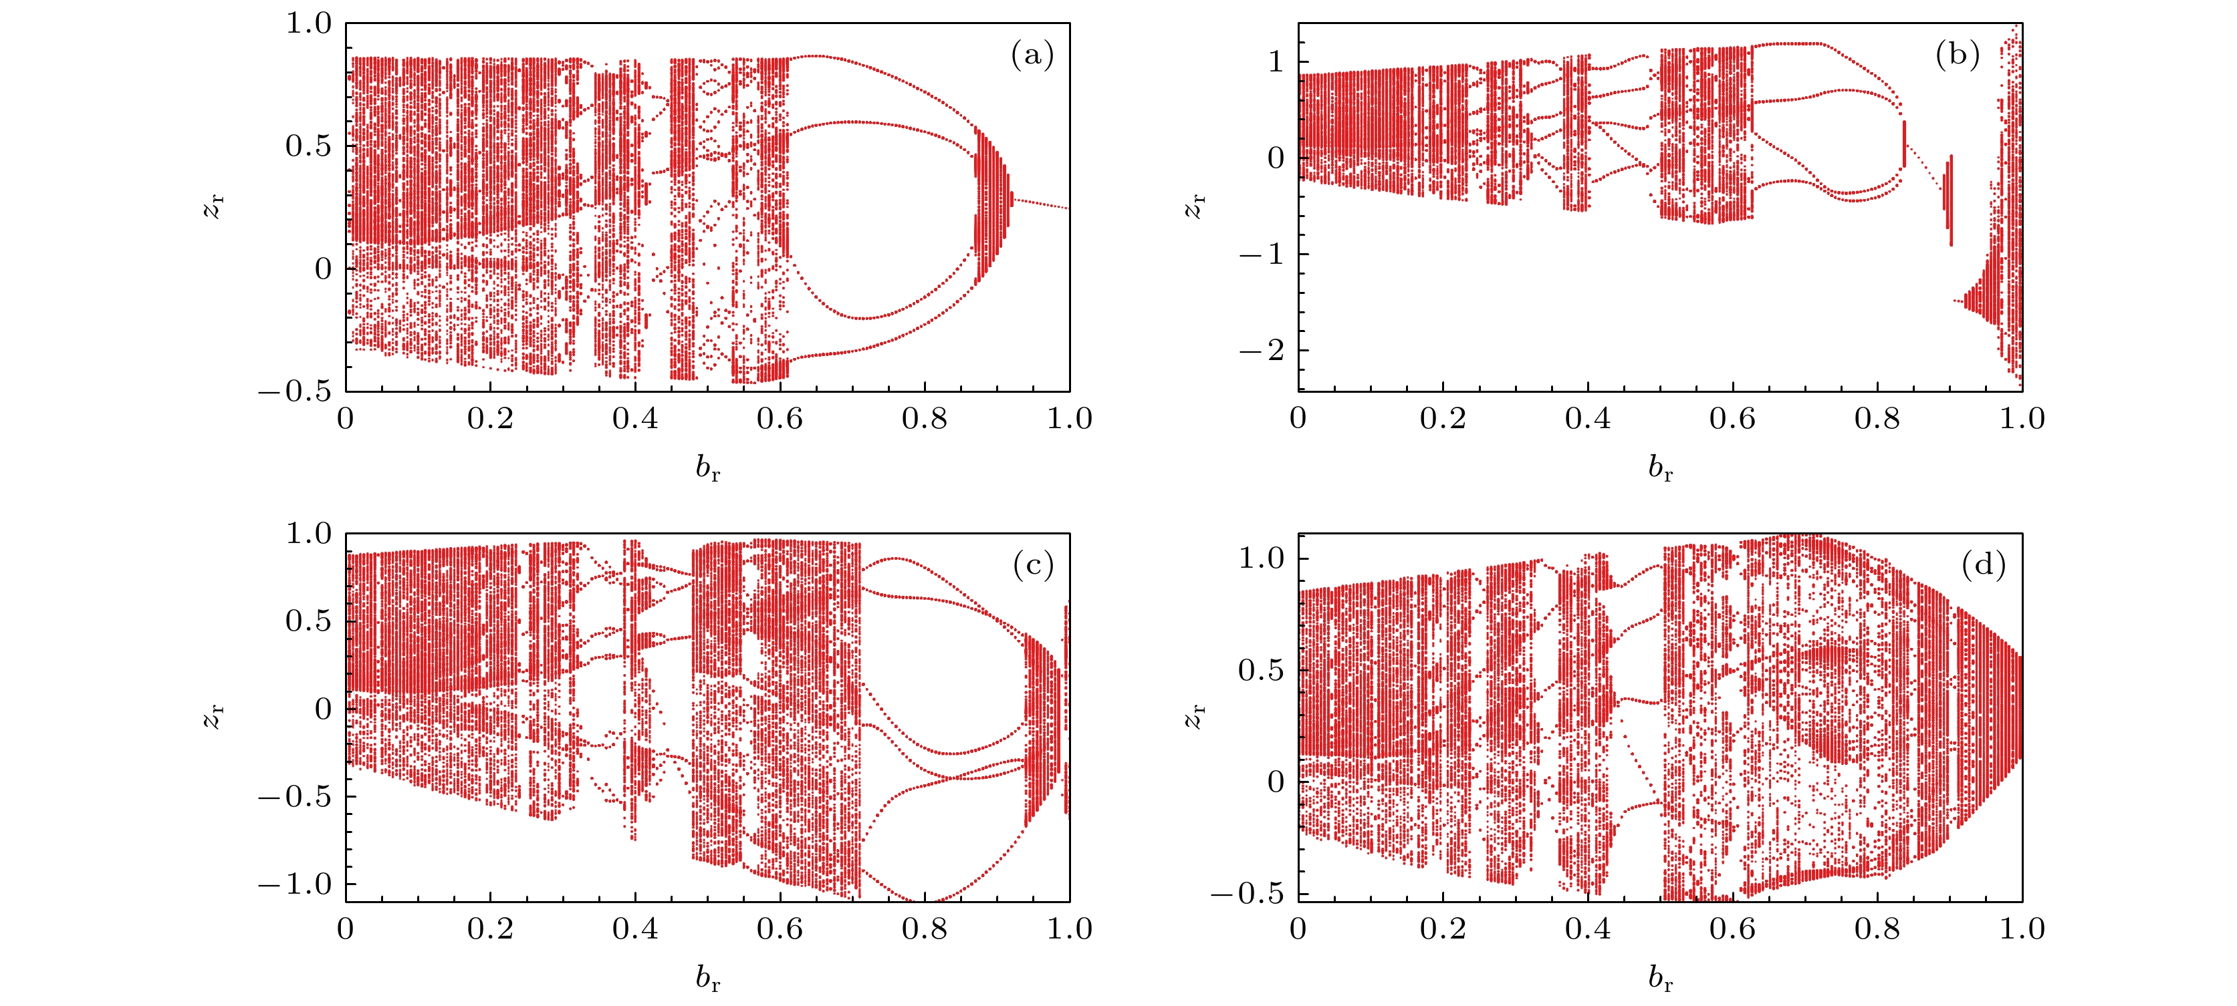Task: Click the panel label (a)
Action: point(1032,56)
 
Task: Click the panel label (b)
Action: point(1958,55)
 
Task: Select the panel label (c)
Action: point(1032,566)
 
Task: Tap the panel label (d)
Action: point(1984,566)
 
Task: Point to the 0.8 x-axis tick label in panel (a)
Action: point(924,420)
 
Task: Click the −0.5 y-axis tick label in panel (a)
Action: point(296,391)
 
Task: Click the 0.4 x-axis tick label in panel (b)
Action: point(1587,420)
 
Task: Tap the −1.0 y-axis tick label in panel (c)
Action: point(296,884)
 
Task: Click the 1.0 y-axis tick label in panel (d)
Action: point(1261,558)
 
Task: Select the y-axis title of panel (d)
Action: point(1196,717)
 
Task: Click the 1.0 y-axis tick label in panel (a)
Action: point(309,23)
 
